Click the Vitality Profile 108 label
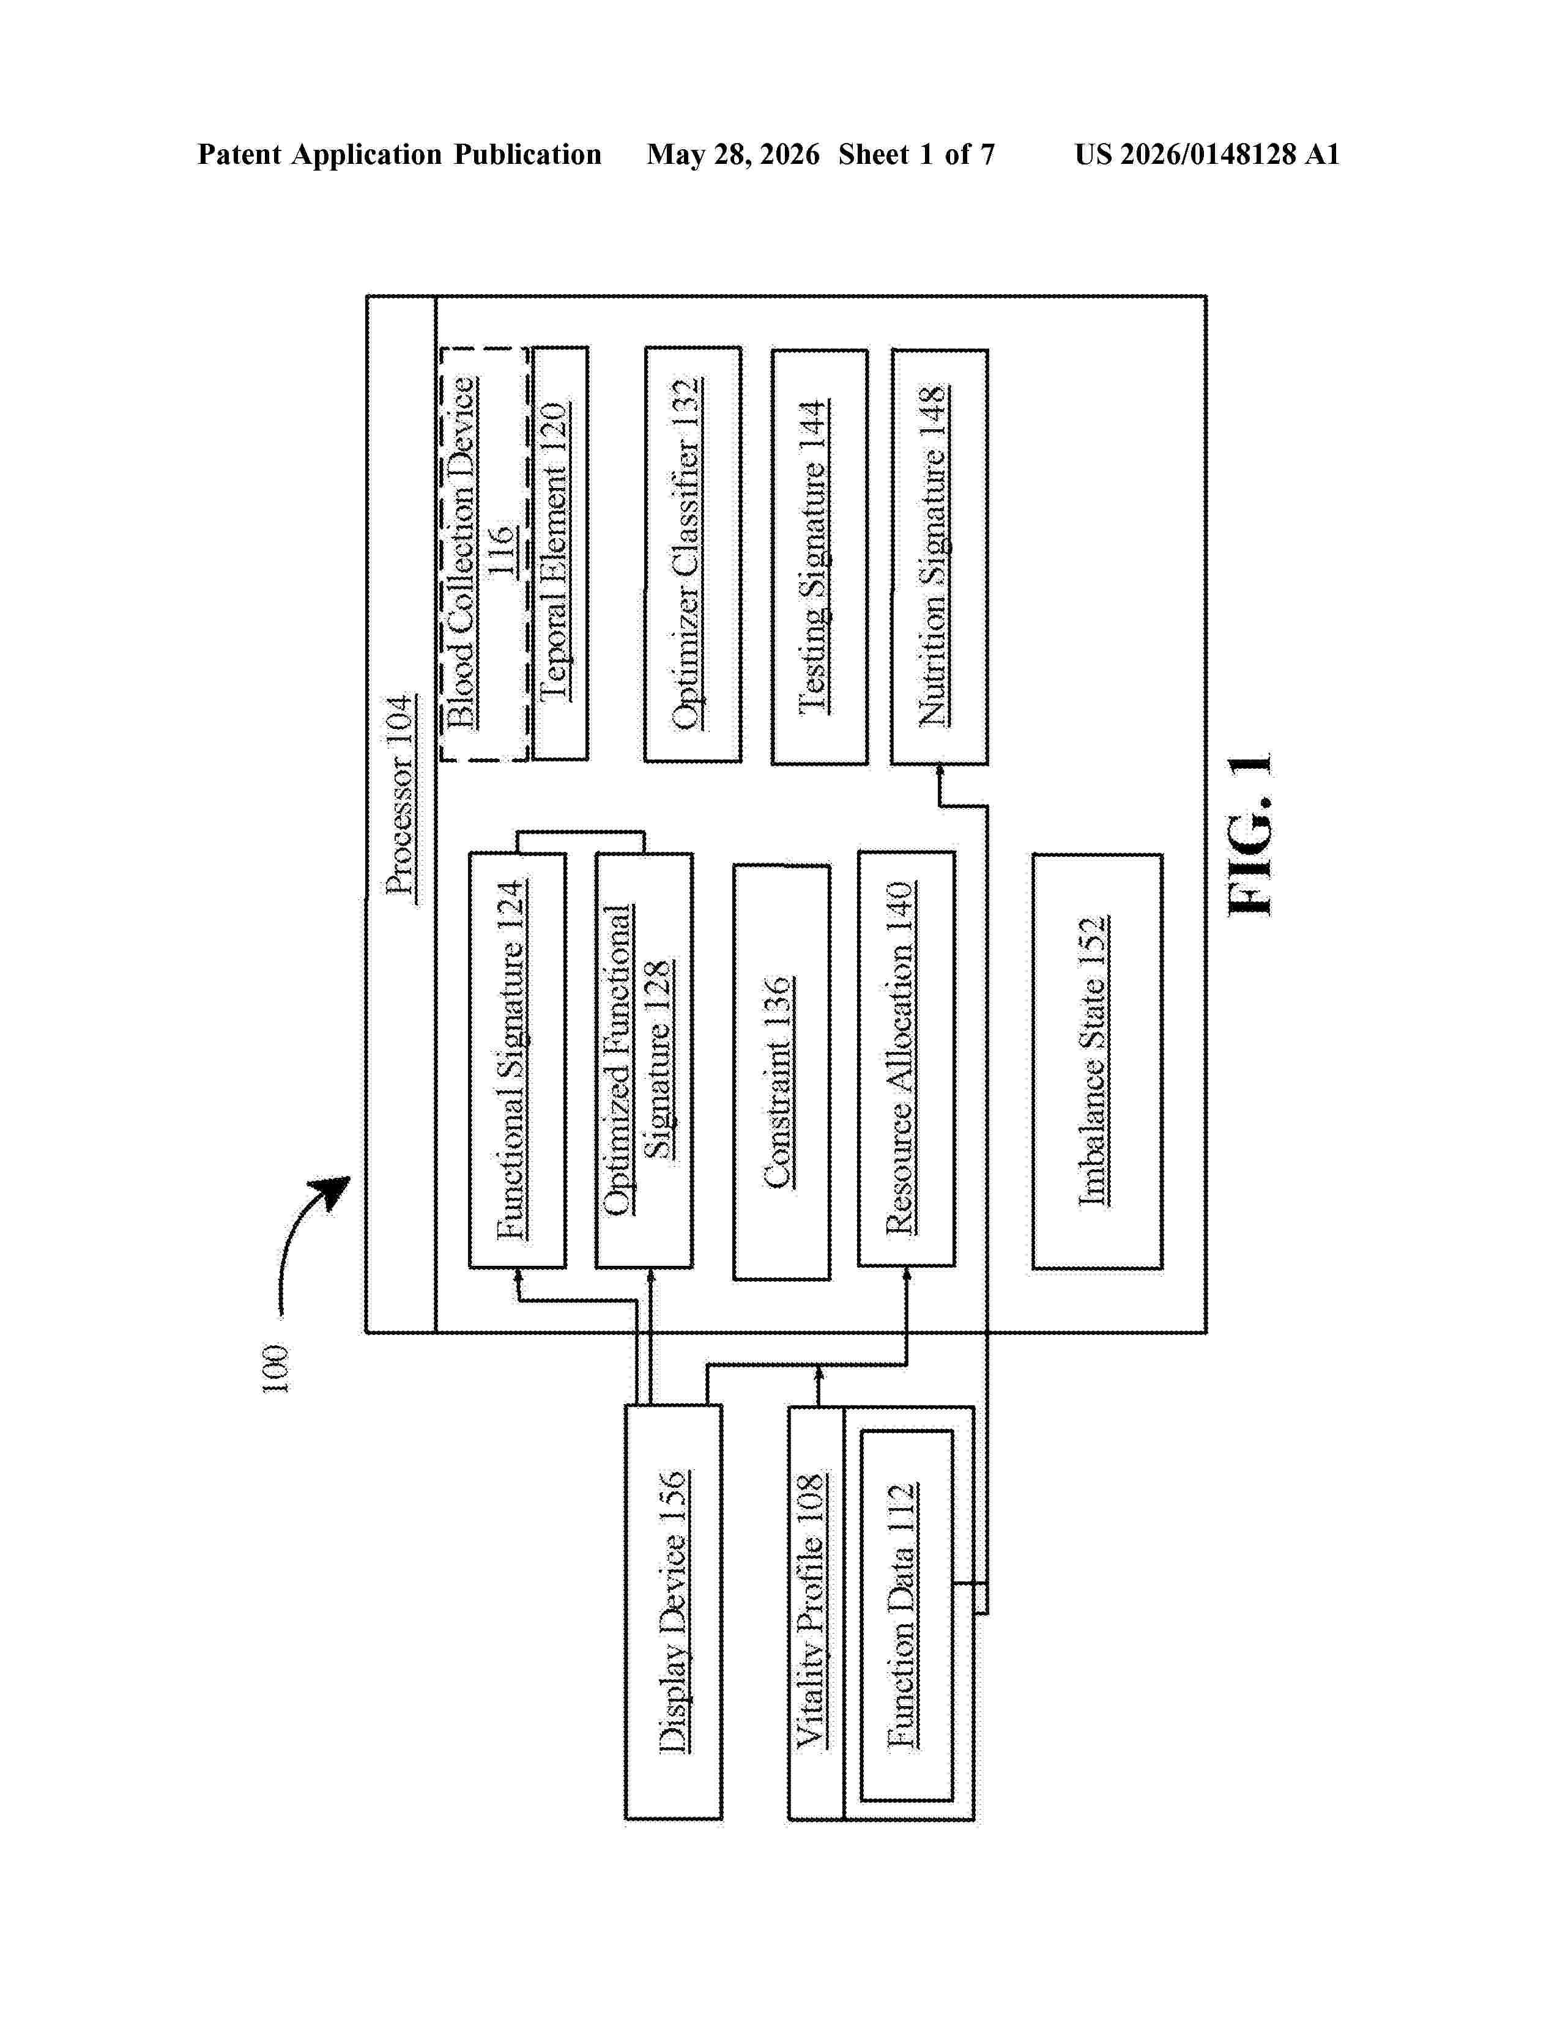click(811, 1611)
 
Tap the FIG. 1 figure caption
click(1251, 834)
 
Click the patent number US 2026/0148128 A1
click(1207, 154)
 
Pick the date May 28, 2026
click(733, 154)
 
